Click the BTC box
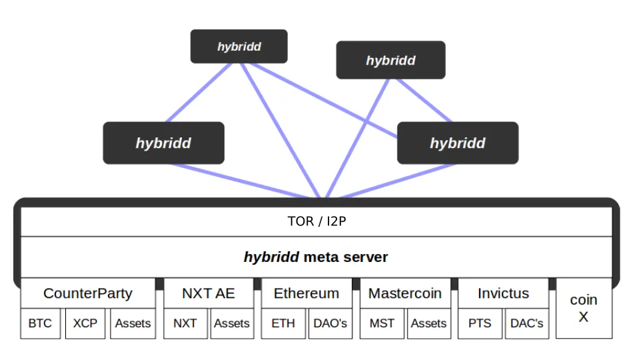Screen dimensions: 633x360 [x=41, y=323]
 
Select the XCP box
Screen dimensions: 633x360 [x=85, y=323]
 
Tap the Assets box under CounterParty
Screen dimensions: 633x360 [x=133, y=323]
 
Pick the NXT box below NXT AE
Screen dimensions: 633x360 [x=185, y=323]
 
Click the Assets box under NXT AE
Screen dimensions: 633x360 [x=232, y=323]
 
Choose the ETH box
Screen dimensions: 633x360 [x=283, y=323]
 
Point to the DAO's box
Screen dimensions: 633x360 [x=330, y=323]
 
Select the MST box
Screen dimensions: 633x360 [x=382, y=323]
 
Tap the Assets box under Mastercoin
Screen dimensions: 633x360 [x=428, y=323]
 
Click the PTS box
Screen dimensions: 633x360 [x=480, y=323]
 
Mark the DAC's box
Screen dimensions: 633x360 [x=527, y=323]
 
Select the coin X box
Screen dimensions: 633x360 [x=584, y=308]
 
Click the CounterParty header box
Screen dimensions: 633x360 [x=88, y=293]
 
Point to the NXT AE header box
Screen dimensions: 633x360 [x=209, y=293]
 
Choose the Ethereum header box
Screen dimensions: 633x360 [x=307, y=293]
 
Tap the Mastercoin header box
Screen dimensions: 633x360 [x=405, y=293]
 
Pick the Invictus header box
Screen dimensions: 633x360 [x=504, y=293]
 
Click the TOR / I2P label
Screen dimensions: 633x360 [x=317, y=221]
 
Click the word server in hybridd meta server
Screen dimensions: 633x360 [x=366, y=257]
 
